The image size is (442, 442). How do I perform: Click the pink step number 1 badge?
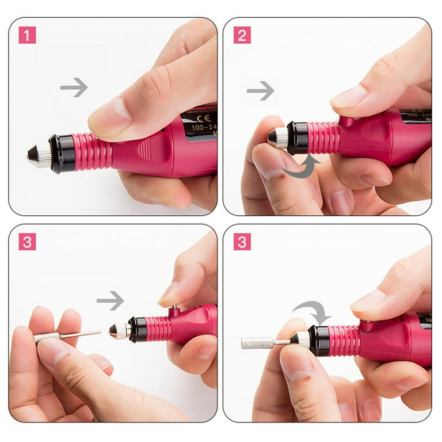click(27, 35)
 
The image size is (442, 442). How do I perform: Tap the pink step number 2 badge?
click(242, 35)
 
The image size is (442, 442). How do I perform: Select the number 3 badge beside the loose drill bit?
click(27, 242)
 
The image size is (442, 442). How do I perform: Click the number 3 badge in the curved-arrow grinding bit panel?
click(242, 242)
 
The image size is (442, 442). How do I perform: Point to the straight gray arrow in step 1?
click(74, 87)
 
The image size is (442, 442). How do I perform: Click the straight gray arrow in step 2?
click(260, 90)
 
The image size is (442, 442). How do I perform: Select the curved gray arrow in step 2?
click(300, 167)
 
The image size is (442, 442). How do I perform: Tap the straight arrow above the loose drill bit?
click(110, 300)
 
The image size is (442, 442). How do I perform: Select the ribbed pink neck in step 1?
click(92, 151)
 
